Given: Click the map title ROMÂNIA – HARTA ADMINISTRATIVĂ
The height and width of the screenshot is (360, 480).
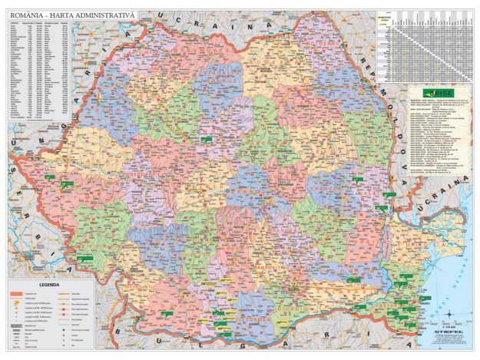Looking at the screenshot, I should (x=72, y=15).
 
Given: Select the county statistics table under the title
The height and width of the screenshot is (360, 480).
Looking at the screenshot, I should (x=39, y=69).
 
